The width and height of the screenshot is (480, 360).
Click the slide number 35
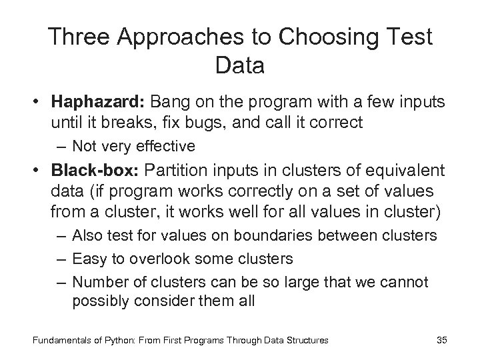coord(441,340)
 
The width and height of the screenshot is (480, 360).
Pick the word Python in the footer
coord(105,340)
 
